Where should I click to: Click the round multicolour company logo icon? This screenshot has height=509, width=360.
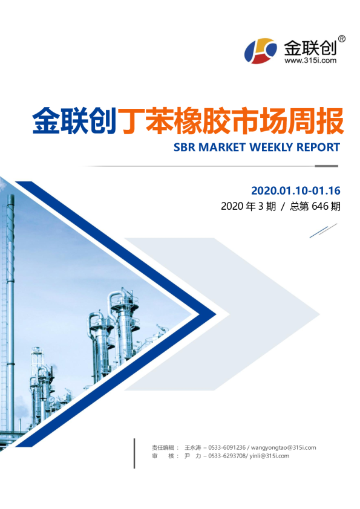tap(261, 51)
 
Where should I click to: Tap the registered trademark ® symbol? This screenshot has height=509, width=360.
tap(342, 39)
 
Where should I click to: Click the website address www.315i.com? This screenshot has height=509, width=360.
tap(310, 60)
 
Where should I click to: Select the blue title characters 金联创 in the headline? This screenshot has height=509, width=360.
tap(74, 121)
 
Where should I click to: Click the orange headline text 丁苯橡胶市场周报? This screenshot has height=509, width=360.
tap(231, 121)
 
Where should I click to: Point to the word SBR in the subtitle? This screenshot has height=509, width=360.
tap(184, 148)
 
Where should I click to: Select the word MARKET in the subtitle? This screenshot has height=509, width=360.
tap(222, 148)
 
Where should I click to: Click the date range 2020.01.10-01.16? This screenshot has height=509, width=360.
tap(296, 190)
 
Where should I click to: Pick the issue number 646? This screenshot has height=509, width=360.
tap(320, 206)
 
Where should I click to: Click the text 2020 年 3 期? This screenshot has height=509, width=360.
tap(249, 206)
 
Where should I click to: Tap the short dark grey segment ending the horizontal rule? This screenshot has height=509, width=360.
tap(326, 166)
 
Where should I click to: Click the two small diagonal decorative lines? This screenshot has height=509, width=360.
tap(323, 230)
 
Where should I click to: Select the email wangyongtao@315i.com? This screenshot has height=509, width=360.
tap(283, 448)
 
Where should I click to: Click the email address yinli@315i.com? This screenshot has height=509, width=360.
tap(270, 456)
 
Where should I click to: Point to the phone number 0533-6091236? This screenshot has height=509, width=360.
tap(227, 448)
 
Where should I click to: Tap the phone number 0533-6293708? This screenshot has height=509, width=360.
tap(227, 456)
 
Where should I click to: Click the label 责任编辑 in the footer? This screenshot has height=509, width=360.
tap(163, 448)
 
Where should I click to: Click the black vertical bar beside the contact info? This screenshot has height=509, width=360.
tap(134, 453)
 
